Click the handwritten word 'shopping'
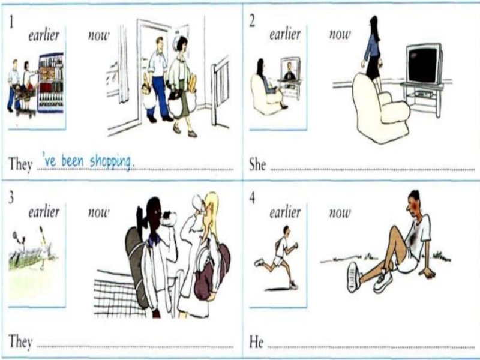coord(112,161)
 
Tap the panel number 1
coord(11,22)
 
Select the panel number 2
coord(252,22)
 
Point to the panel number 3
coord(11,198)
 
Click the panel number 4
coord(252,199)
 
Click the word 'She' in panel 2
coord(257,164)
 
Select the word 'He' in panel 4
coord(256,341)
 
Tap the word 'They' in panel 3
coord(20,341)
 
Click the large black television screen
coord(424,65)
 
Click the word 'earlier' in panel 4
coord(285,212)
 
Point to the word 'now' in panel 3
coord(98,212)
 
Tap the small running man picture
coord(278,257)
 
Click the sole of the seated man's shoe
coord(353,277)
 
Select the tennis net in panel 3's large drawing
coord(122,293)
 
